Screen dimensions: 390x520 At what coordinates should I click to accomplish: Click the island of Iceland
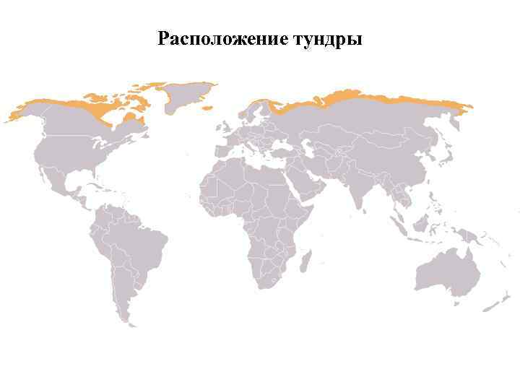[x=207, y=108]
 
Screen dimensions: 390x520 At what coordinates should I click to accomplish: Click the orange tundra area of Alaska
[x=25, y=109]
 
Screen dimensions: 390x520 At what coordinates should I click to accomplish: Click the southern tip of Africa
[x=267, y=285]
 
